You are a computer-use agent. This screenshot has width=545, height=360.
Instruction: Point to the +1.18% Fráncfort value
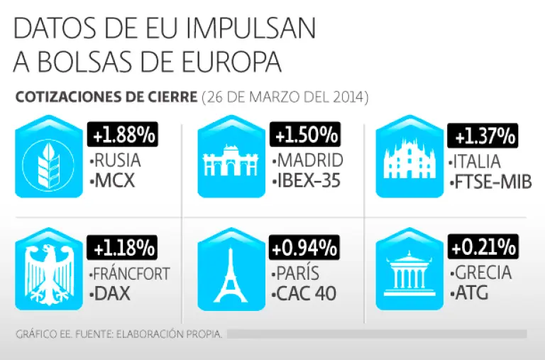tap(121, 248)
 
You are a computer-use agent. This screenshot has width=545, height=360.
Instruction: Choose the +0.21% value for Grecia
tap(483, 248)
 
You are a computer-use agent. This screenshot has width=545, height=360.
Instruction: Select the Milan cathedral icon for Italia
tap(407, 161)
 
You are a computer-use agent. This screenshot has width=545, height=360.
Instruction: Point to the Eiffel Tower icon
tap(230, 273)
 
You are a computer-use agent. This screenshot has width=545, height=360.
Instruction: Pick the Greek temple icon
tap(407, 273)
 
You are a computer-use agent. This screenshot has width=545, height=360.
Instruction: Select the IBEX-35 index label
tap(307, 181)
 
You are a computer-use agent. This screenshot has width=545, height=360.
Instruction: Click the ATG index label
tap(469, 293)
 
